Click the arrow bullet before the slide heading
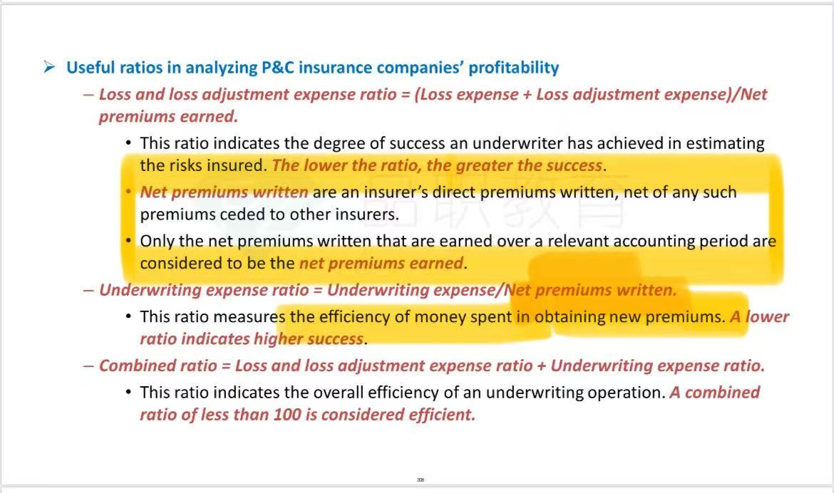[x=49, y=67]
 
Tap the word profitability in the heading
[x=514, y=68]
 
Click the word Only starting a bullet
[x=157, y=242]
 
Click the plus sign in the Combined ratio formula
[x=542, y=366]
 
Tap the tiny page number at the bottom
[x=421, y=479]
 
